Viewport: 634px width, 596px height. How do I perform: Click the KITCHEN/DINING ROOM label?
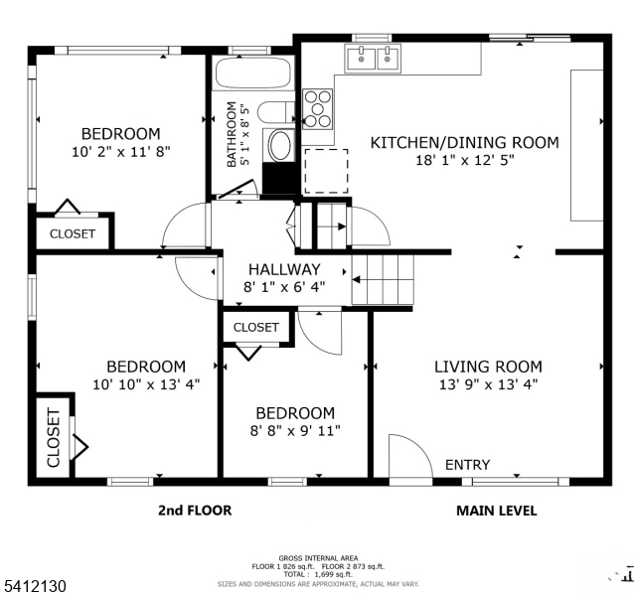[x=464, y=142]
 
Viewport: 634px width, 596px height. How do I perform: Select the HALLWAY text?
[x=284, y=269]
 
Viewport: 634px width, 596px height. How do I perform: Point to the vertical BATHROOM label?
[x=233, y=134]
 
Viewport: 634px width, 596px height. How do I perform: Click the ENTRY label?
[x=467, y=465]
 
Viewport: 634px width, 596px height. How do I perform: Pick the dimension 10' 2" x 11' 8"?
[x=120, y=152]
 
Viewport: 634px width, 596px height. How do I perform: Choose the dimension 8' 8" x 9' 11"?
[x=295, y=431]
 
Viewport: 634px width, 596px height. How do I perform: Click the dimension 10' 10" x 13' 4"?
[x=146, y=383]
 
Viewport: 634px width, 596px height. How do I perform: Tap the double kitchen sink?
[x=373, y=60]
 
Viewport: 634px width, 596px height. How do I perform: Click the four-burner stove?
[x=319, y=109]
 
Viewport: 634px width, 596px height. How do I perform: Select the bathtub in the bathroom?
[x=253, y=74]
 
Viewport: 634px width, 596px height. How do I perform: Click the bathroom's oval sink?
[x=280, y=147]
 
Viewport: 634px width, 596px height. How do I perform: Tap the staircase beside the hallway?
[x=383, y=279]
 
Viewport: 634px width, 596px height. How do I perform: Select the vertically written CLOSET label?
[x=53, y=438]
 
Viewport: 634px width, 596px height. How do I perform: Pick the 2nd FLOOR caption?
[x=195, y=511]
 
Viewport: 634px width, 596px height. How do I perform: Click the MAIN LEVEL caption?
[x=496, y=511]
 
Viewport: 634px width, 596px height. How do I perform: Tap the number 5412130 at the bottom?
[x=35, y=587]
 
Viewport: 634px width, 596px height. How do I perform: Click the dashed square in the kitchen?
[x=326, y=170]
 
